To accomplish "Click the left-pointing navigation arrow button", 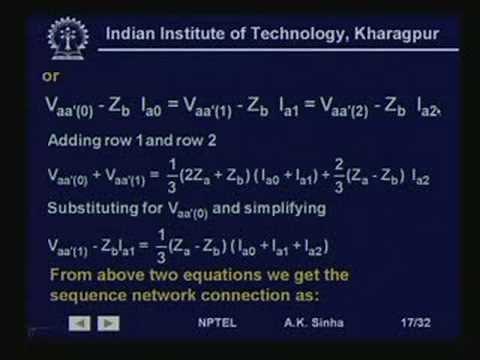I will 78,322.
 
